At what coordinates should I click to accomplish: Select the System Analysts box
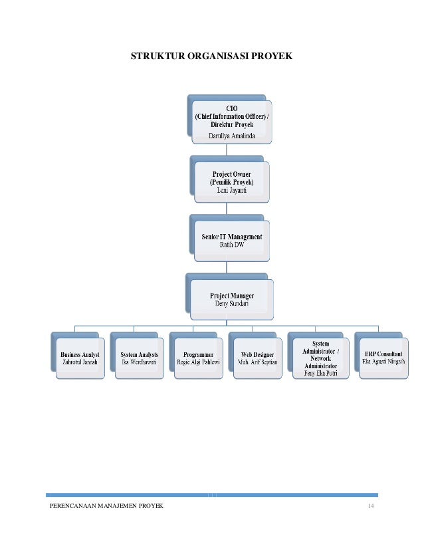tap(138, 357)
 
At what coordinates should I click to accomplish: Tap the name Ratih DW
tap(232, 245)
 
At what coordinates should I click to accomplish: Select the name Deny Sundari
tap(232, 303)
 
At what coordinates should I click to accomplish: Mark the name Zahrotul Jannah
tap(79, 363)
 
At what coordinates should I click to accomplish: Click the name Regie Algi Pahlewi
tap(198, 363)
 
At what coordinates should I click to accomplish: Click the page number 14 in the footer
tap(372, 506)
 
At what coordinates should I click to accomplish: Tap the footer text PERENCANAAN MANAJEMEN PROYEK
tap(106, 506)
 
